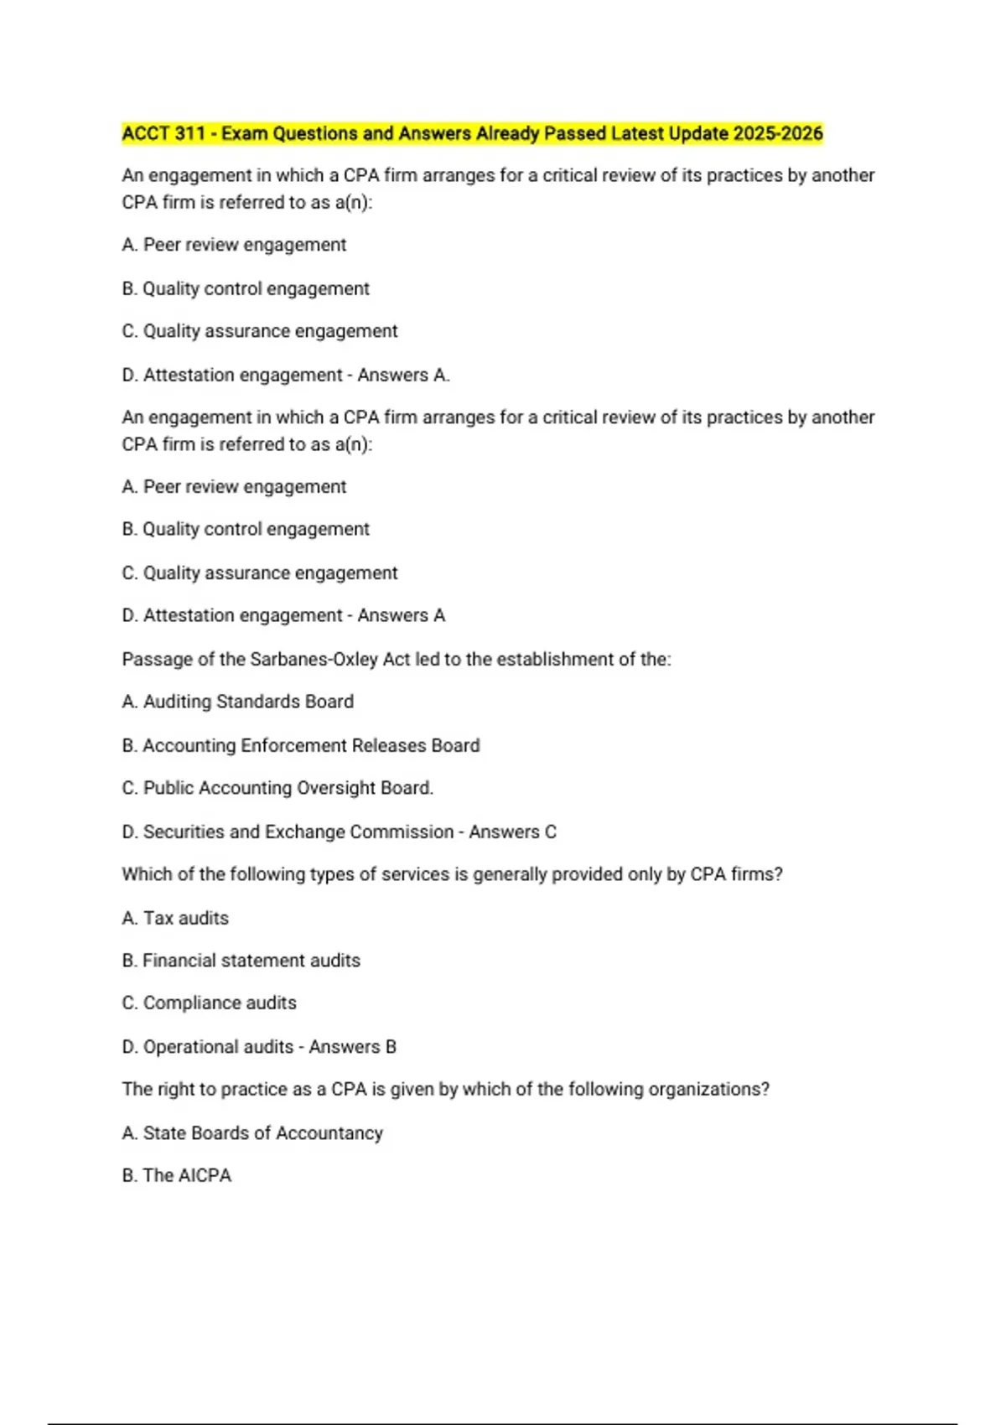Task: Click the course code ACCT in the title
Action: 147,133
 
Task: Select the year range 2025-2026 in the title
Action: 777,133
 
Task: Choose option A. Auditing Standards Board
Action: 238,702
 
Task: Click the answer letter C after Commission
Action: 550,832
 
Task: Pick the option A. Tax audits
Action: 175,918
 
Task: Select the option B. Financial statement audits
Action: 241,961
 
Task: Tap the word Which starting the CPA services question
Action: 147,874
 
